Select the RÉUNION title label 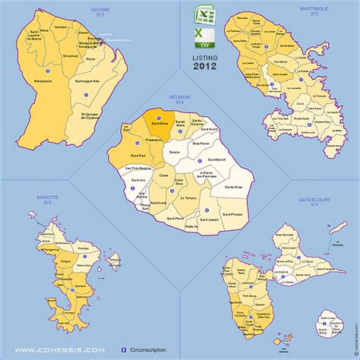point(180,97)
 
